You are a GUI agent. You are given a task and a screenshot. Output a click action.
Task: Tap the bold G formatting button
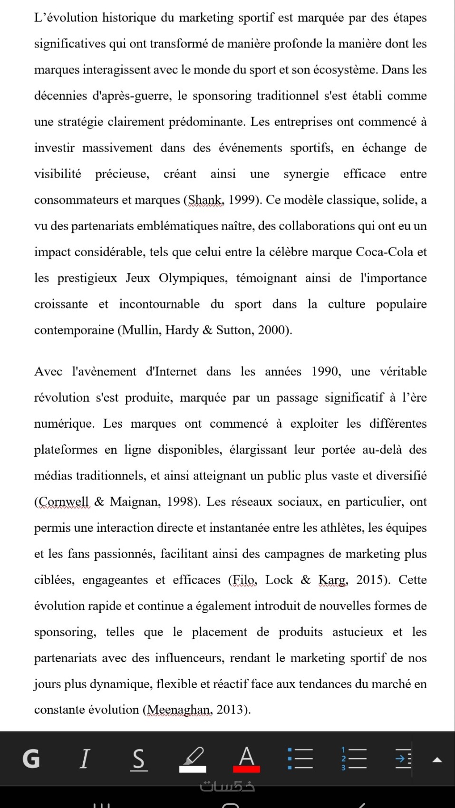[x=31, y=759]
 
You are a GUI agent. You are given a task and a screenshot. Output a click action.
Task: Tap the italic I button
[x=85, y=759]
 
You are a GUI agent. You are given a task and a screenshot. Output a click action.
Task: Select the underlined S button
[x=138, y=759]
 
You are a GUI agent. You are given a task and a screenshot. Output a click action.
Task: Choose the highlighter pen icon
[x=193, y=759]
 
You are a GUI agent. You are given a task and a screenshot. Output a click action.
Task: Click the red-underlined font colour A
[x=246, y=759]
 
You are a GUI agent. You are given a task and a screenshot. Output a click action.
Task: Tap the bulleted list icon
[x=300, y=759]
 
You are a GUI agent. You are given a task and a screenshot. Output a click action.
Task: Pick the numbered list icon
[x=354, y=759]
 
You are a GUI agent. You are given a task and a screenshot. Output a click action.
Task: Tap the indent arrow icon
[x=403, y=759]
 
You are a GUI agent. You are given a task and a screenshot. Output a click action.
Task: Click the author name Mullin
[x=141, y=330]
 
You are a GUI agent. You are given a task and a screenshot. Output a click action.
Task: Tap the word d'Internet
[x=171, y=372]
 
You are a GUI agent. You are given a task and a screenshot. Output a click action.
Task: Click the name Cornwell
[x=64, y=502]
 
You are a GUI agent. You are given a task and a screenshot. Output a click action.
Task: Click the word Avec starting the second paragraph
[x=48, y=372]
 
